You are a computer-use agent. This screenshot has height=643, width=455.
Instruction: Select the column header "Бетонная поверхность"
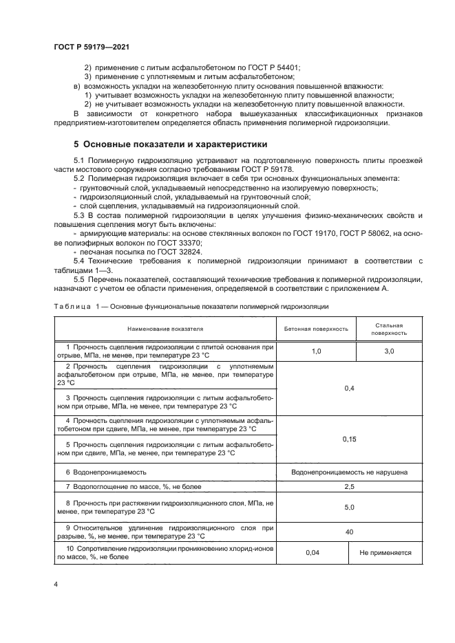click(x=316, y=329)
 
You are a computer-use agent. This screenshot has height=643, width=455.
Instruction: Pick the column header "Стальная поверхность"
click(x=388, y=329)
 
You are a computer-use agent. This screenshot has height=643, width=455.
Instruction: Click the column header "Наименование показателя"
click(x=165, y=329)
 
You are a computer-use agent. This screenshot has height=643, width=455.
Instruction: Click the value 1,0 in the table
click(x=316, y=351)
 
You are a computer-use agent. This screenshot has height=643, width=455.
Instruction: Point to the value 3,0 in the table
click(x=388, y=351)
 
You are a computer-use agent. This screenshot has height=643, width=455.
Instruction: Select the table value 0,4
click(x=348, y=389)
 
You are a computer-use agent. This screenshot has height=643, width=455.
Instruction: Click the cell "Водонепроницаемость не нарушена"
click(x=349, y=472)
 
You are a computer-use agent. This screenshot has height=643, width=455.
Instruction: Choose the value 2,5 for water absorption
click(x=348, y=487)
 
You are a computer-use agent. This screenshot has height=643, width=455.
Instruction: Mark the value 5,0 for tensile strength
click(x=348, y=508)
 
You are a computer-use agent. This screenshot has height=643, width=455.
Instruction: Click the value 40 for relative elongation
click(x=348, y=532)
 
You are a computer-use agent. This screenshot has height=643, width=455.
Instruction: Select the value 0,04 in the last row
click(x=316, y=552)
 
